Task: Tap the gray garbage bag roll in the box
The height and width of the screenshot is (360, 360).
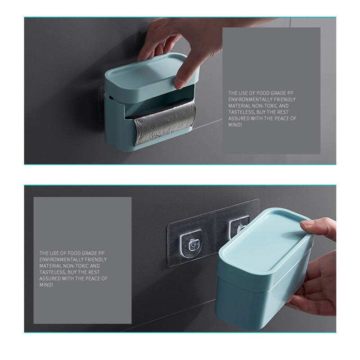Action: tap(165, 123)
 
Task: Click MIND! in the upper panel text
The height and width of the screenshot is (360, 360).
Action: tap(235, 125)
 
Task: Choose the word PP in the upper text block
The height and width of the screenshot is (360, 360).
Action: tap(290, 93)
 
